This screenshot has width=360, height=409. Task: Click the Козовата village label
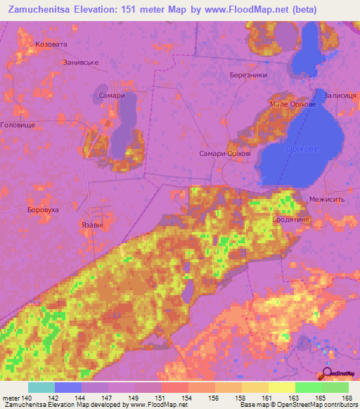coord(51,44)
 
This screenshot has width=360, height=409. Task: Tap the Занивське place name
coord(82,63)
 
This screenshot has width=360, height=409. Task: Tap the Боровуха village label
coord(40,210)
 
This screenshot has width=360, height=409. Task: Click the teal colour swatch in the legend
coord(41,387)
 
